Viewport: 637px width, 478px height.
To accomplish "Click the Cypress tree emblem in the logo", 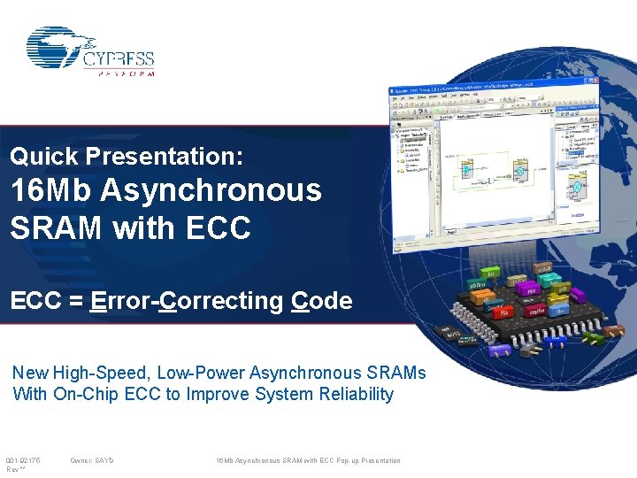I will tap(58, 48).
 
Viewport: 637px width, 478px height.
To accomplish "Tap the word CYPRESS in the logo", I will tap(119, 59).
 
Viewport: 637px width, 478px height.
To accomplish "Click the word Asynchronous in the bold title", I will tap(211, 190).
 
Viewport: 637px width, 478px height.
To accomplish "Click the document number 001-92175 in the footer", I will tap(23, 460).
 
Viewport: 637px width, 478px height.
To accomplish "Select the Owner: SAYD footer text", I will tap(91, 460).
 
